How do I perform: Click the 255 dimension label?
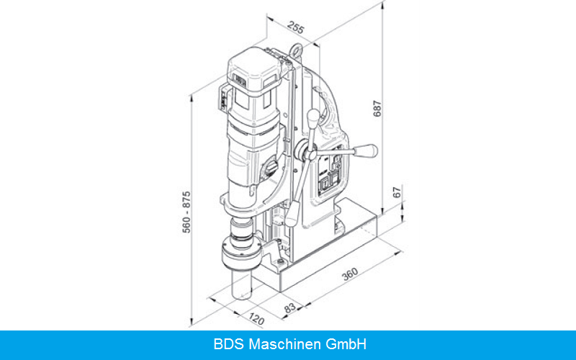tap(296, 27)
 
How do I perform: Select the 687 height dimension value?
tap(377, 109)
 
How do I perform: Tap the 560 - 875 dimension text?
tap(186, 212)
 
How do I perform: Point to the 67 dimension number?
tap(397, 192)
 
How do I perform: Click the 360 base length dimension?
tap(350, 274)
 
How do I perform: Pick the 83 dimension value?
tap(290, 308)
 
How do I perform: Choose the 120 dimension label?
tap(256, 319)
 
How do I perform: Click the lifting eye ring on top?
tap(296, 50)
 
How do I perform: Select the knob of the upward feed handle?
tap(313, 118)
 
